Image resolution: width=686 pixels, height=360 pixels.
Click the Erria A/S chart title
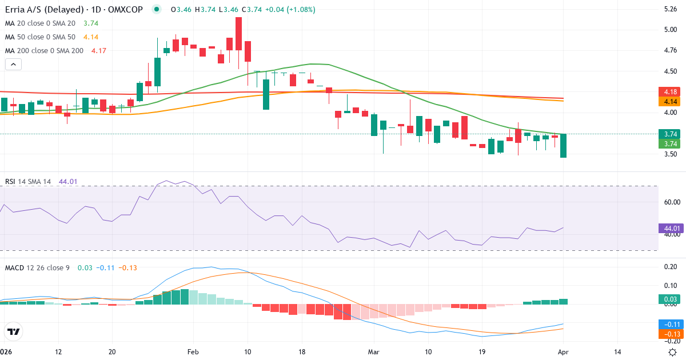[x=74, y=10]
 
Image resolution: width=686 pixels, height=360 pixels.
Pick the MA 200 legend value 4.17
[x=98, y=50]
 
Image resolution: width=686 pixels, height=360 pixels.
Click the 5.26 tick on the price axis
[x=670, y=9]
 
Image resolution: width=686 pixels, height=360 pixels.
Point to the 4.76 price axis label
[x=670, y=50]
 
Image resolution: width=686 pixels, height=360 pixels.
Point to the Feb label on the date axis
[x=193, y=352]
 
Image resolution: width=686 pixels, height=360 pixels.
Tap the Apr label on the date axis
[x=563, y=352]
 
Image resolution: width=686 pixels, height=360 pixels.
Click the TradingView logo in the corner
[x=14, y=331]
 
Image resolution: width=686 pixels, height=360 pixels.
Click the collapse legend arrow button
[x=13, y=64]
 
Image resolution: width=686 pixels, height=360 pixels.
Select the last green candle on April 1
[x=563, y=145]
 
